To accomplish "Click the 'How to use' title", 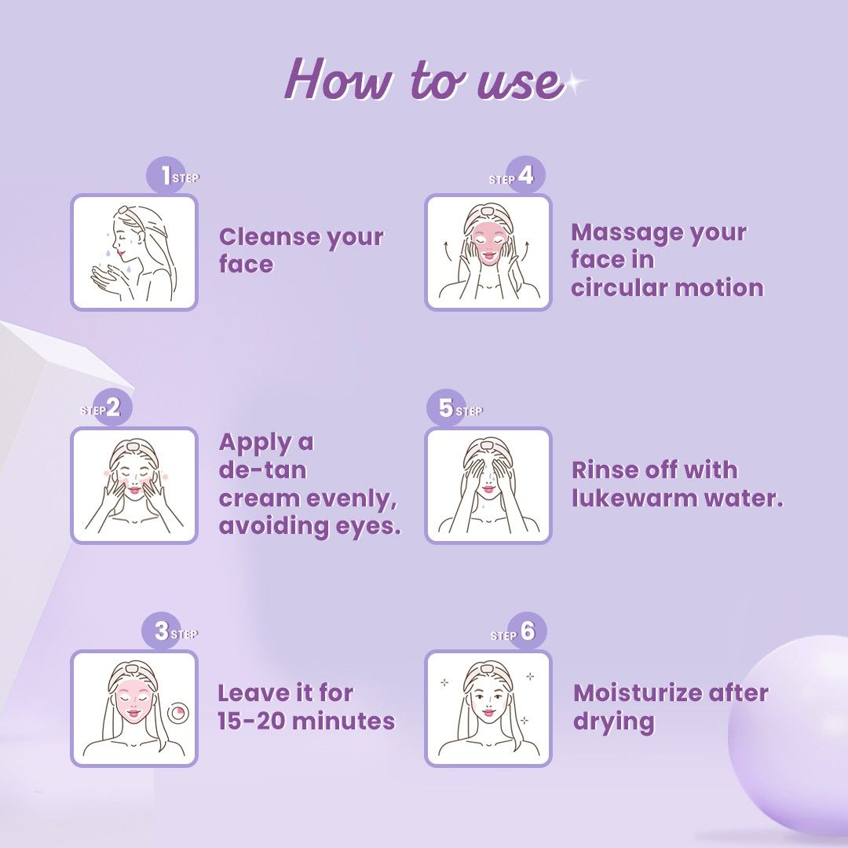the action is point(425,80).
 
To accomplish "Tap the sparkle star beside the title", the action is point(573,83).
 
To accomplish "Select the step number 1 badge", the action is point(166,175).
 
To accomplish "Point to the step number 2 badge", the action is point(114,407).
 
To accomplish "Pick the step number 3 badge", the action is point(161,631).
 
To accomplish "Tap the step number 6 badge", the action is point(528,631).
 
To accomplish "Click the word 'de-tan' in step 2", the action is point(263,470).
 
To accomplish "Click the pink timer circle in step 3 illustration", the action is point(176,713).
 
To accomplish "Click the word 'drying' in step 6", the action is point(613,722).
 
